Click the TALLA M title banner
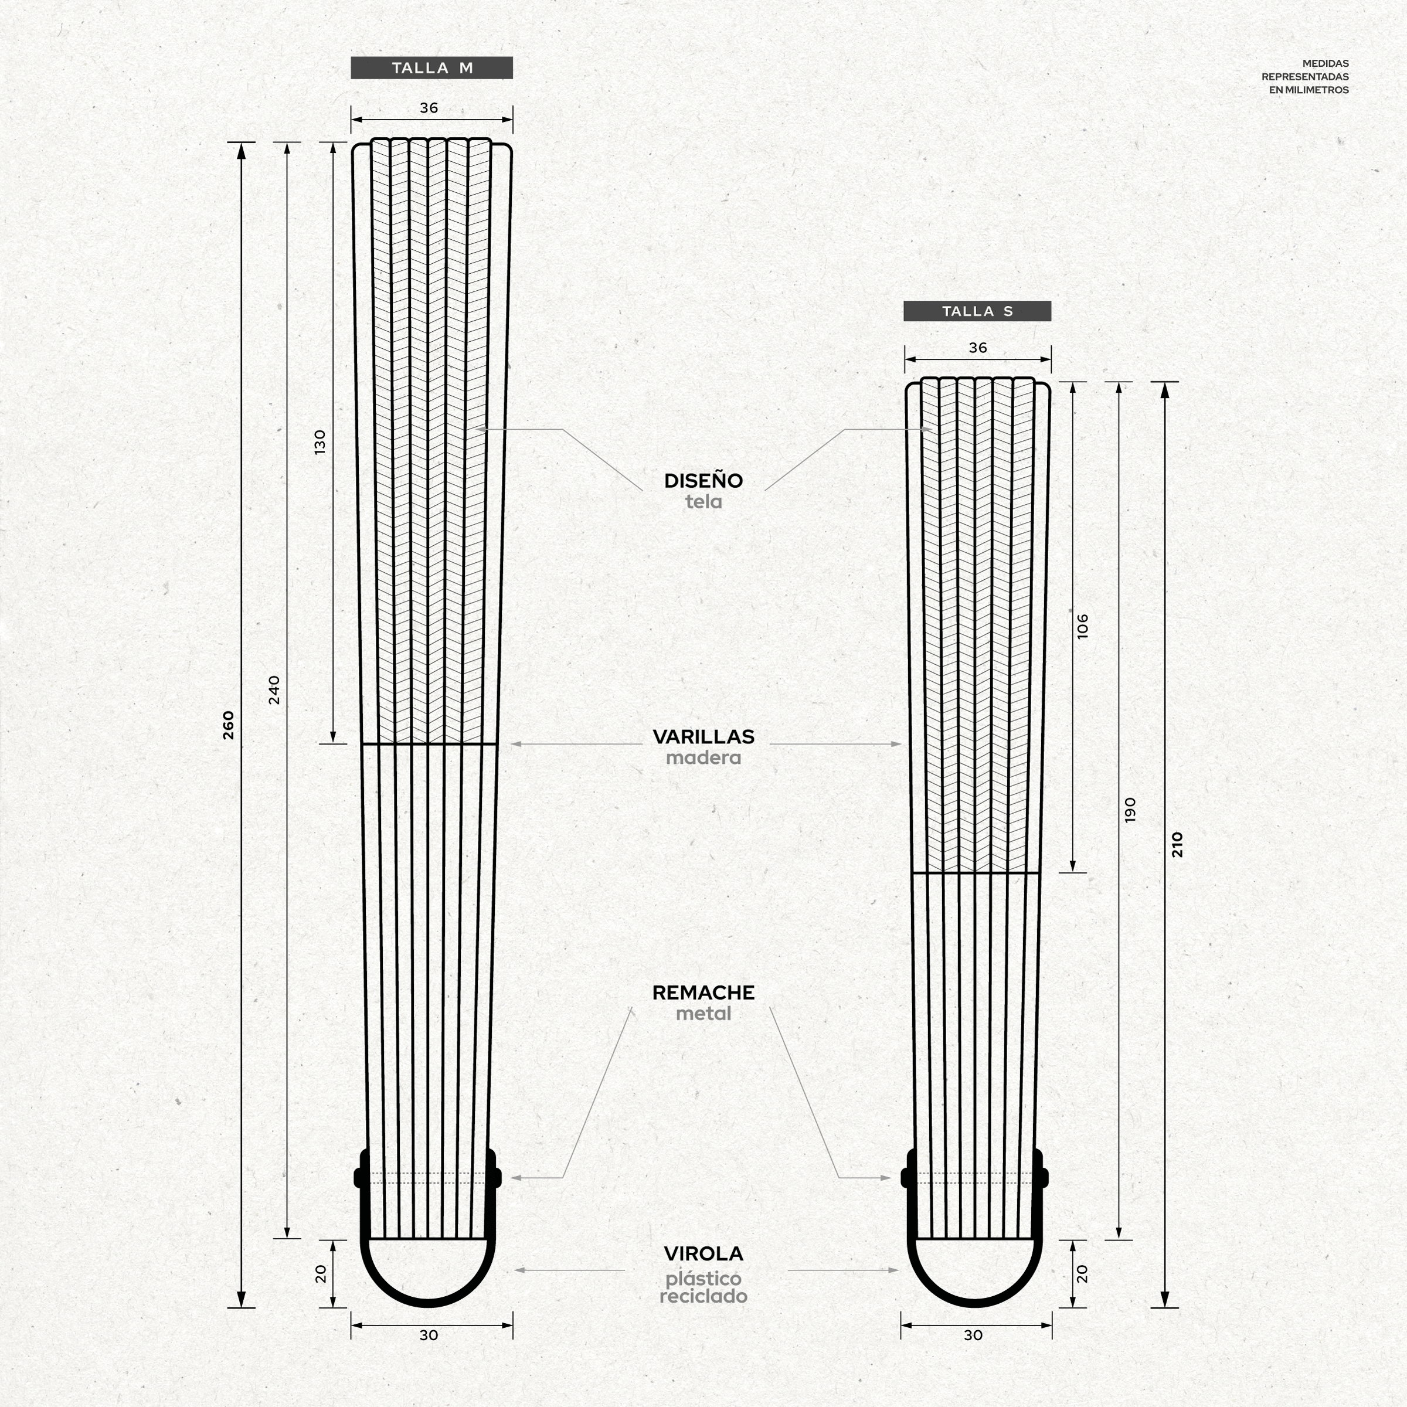pos(432,68)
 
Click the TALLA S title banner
pos(977,311)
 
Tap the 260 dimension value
pos(229,725)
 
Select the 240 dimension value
pos(274,689)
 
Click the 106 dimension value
pos(1083,626)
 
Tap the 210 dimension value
pos(1178,844)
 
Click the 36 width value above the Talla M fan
pos(429,108)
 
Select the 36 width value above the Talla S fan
pos(978,348)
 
